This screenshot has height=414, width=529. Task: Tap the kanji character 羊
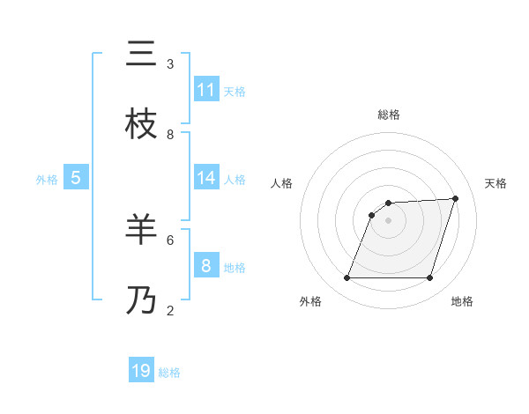(x=141, y=230)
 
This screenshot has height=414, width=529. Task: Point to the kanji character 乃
(x=141, y=300)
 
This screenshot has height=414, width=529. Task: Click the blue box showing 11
(x=206, y=89)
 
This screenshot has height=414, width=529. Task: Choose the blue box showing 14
(x=206, y=178)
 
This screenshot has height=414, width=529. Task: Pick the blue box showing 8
(x=206, y=264)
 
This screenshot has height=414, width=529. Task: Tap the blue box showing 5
(x=76, y=177)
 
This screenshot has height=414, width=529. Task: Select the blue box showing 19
(x=141, y=370)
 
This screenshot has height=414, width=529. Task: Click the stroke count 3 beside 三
(x=170, y=64)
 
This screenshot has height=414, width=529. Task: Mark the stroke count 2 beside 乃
(x=170, y=310)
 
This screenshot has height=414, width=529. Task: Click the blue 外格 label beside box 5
(x=47, y=180)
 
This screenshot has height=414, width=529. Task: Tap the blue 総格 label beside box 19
(x=169, y=373)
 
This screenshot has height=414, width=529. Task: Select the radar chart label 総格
(x=389, y=115)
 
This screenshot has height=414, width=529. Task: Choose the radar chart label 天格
(x=495, y=183)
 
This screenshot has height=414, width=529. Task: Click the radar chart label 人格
(x=282, y=183)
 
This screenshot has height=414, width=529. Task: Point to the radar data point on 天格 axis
(x=456, y=198)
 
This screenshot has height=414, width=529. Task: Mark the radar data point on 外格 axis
(x=346, y=278)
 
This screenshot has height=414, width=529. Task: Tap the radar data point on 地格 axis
(x=429, y=278)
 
